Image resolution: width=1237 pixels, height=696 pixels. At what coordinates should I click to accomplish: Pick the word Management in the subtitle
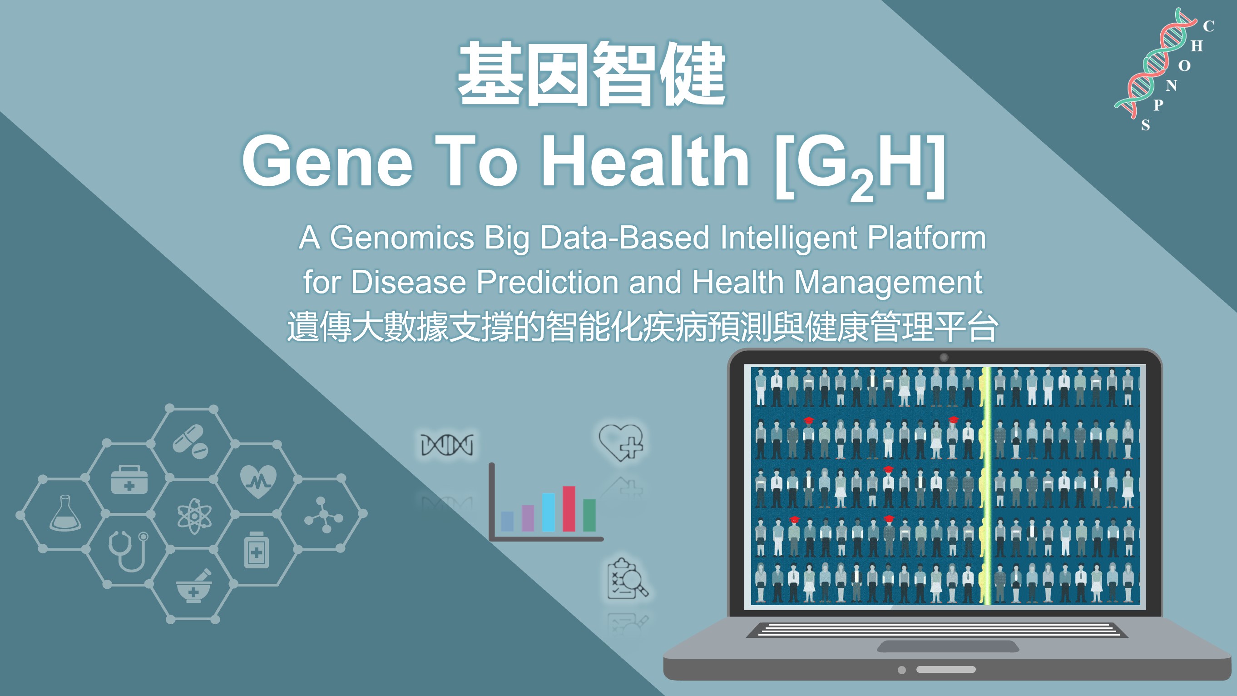point(888,283)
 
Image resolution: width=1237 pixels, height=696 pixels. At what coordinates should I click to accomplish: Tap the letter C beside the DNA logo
point(1209,26)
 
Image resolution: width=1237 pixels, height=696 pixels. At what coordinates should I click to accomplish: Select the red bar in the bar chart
point(569,509)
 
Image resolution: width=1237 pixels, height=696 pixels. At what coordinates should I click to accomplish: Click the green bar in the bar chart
point(589,515)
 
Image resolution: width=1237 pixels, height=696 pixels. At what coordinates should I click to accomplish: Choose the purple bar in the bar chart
point(528,518)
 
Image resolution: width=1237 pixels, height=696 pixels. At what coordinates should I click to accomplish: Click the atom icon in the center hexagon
point(194,517)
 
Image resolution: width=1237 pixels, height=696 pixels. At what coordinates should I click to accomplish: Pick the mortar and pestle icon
point(193,586)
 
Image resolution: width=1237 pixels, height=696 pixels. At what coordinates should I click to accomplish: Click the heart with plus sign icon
point(621,442)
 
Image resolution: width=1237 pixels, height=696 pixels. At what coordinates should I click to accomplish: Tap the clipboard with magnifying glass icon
point(627,579)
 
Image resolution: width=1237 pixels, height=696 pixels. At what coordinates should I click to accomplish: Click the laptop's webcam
point(944,358)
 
